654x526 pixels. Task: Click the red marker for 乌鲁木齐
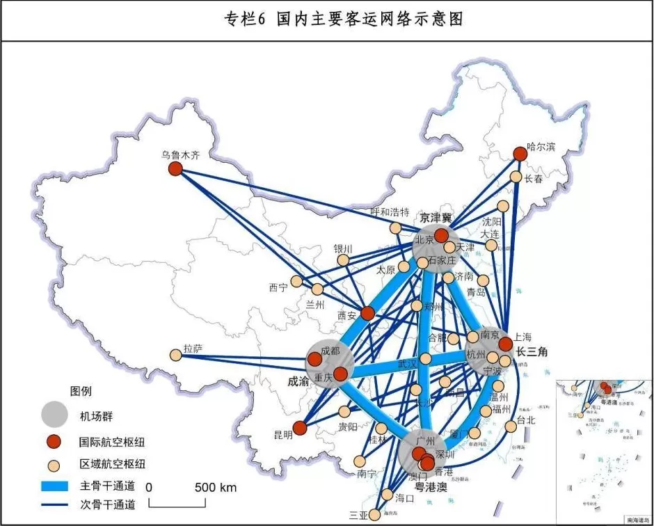(x=175, y=168)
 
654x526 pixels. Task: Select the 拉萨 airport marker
(x=176, y=356)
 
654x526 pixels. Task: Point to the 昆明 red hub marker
(x=300, y=428)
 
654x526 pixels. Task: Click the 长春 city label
(x=534, y=179)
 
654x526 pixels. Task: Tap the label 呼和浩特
(x=390, y=212)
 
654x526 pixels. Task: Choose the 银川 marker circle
(x=343, y=260)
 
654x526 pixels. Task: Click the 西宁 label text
(x=278, y=287)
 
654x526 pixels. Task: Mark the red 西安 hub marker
(x=367, y=314)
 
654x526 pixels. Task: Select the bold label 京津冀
(x=436, y=218)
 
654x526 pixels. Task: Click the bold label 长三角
(x=532, y=352)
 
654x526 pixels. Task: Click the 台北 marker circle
(x=511, y=425)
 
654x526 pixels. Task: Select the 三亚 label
(x=358, y=516)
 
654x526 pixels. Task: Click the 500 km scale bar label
(x=218, y=487)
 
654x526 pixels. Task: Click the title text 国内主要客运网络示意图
(x=369, y=19)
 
